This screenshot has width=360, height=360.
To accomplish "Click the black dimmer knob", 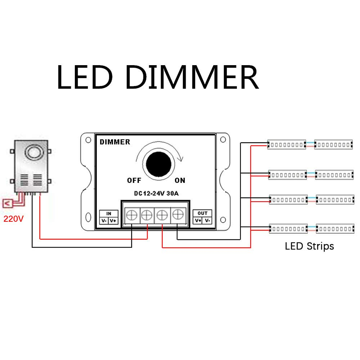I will [x=158, y=165].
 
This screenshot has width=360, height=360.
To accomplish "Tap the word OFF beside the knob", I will [x=134, y=180].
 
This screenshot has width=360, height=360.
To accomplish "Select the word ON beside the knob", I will [x=180, y=180].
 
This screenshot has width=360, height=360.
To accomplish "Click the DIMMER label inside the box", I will [x=115, y=142].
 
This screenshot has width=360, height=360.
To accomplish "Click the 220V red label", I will [x=13, y=219].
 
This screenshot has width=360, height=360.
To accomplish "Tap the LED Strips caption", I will [x=309, y=246].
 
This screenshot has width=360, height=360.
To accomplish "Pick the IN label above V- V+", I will [x=109, y=213].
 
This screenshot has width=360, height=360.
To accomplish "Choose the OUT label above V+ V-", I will [x=202, y=213].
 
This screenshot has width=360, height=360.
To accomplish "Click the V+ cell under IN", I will [x=113, y=221].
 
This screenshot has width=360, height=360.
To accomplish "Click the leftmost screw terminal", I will [x=132, y=215].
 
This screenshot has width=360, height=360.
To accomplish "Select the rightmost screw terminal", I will [x=177, y=215].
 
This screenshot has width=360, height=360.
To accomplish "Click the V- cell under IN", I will [x=104, y=221].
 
